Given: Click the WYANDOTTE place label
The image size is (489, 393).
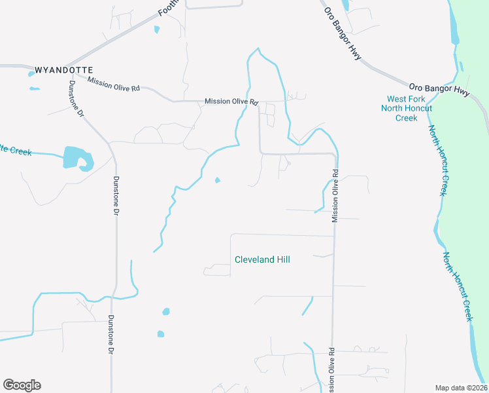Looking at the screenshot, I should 63,69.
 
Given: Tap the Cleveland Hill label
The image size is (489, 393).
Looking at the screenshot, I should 262,260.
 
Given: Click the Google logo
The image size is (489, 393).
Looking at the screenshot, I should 22,385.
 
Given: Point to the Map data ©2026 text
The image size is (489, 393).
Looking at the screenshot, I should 461,388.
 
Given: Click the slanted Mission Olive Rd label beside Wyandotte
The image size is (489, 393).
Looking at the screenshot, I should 114,84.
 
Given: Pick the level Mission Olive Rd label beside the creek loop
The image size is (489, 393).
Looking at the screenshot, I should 231,102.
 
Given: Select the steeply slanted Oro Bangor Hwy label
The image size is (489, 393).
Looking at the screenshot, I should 343,37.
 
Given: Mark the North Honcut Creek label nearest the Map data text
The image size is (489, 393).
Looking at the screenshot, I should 458,286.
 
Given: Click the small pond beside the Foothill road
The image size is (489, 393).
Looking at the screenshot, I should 157,29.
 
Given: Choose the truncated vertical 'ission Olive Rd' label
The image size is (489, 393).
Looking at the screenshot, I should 333,371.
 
